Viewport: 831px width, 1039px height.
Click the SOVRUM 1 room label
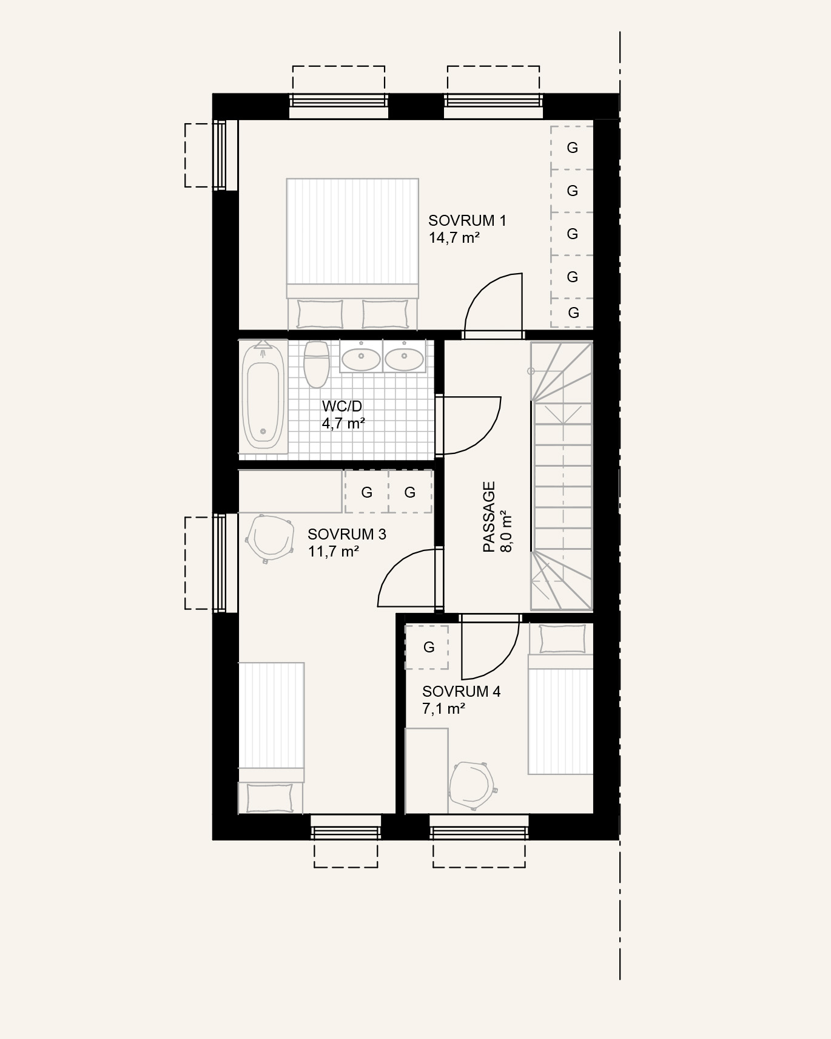pyautogui.click(x=467, y=220)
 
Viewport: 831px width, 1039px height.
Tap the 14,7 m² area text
pyautogui.click(x=454, y=237)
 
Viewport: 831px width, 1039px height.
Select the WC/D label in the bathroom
pyautogui.click(x=342, y=406)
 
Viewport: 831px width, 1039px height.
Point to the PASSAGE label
pyautogui.click(x=489, y=517)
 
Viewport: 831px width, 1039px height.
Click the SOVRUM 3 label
pyautogui.click(x=347, y=534)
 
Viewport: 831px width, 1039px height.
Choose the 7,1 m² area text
pyautogui.click(x=444, y=708)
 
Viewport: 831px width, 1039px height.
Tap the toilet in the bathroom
pyautogui.click(x=316, y=364)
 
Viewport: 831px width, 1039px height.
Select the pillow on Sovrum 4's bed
pyautogui.click(x=563, y=639)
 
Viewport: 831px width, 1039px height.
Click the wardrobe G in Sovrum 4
pyautogui.click(x=427, y=648)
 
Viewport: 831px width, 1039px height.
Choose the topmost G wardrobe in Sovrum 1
pyautogui.click(x=572, y=147)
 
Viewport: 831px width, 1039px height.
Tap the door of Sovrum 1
pyautogui.click(x=493, y=305)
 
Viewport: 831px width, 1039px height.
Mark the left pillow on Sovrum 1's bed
pyautogui.click(x=320, y=314)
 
